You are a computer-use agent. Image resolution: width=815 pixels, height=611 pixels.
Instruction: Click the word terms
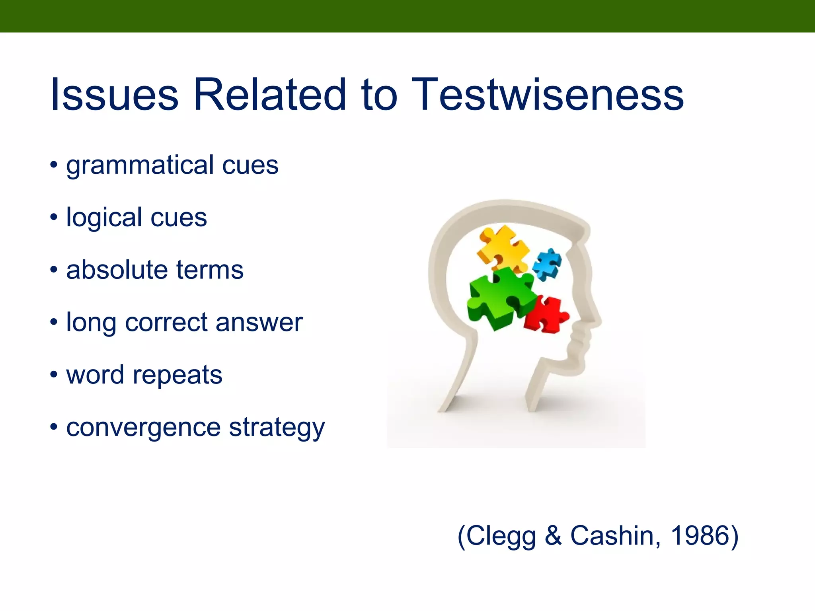210,270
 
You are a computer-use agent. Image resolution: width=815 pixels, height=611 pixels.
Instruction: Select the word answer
259,323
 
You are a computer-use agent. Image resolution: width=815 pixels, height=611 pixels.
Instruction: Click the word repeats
177,376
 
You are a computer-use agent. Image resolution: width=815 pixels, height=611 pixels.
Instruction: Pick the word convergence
143,428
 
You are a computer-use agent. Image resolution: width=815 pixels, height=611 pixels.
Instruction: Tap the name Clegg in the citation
501,536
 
